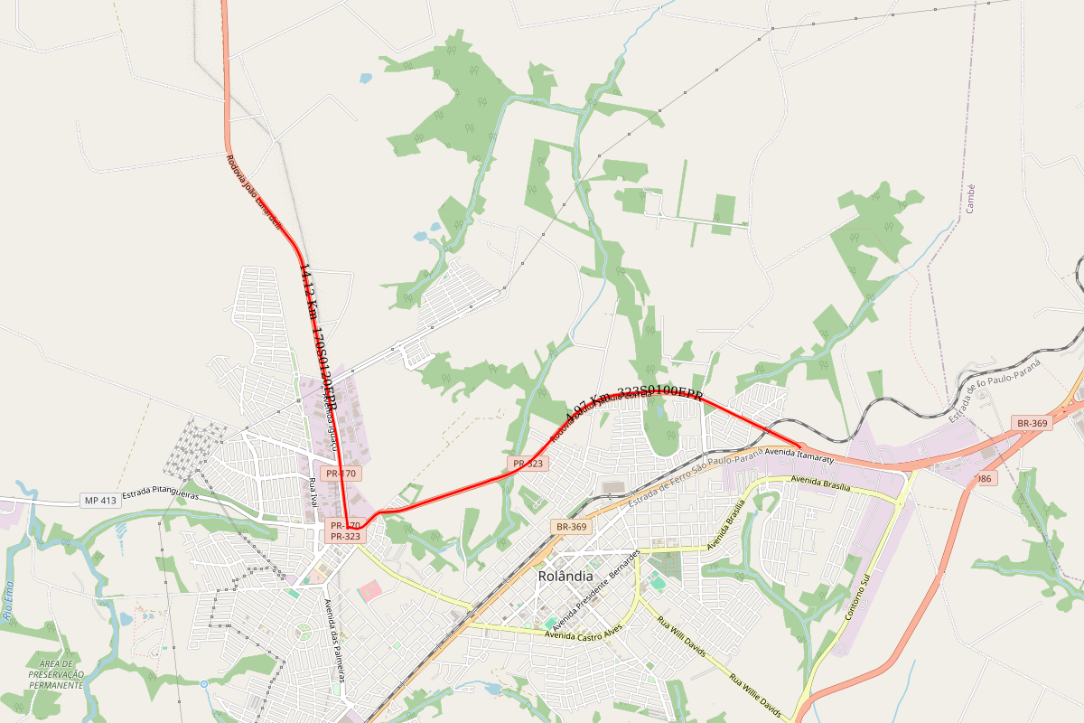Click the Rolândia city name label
(565, 576)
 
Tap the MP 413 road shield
(100, 500)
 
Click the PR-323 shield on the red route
(528, 464)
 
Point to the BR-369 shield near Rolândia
(571, 526)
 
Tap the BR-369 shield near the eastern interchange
(1032, 423)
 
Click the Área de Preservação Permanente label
(56, 674)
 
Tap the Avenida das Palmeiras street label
(335, 646)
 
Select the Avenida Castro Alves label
(584, 635)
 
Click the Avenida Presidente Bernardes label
(596, 587)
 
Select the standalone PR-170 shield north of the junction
(343, 473)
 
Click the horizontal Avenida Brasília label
(820, 483)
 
